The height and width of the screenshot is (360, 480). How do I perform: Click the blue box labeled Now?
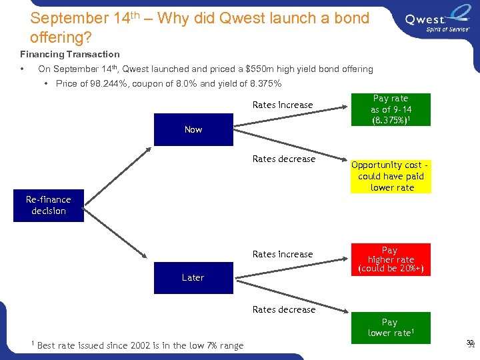[193, 129]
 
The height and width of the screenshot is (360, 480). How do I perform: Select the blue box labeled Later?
[193, 277]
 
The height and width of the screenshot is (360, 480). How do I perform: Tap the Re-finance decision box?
[49, 205]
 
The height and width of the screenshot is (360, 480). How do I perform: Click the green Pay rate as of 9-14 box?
[390, 109]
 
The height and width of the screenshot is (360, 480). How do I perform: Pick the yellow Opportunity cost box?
[391, 176]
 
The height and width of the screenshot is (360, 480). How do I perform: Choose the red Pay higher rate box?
[390, 259]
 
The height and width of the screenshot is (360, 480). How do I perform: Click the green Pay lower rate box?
[390, 328]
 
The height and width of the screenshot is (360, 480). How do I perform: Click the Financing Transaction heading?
[70, 54]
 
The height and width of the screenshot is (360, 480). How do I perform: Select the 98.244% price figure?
[102, 83]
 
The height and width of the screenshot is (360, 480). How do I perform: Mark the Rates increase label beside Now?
[283, 105]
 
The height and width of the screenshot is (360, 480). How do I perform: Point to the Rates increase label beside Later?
[283, 254]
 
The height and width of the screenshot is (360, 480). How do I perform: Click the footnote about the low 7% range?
[140, 345]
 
